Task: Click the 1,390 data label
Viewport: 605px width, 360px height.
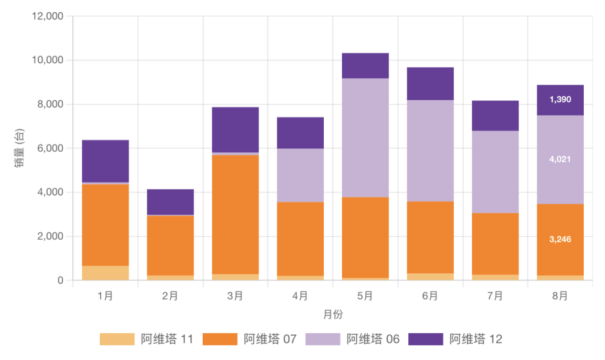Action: [x=560, y=100]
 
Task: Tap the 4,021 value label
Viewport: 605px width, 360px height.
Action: [x=560, y=160]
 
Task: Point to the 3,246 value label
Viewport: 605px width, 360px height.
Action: [x=560, y=239]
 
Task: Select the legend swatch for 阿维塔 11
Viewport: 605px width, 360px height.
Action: [x=117, y=339]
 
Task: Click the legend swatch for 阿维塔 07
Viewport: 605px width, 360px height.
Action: [x=220, y=339]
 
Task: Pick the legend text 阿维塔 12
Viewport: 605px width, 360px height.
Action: [x=476, y=339]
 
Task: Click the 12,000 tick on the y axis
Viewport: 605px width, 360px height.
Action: [x=48, y=16]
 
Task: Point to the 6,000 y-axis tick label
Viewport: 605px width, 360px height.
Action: [x=50, y=148]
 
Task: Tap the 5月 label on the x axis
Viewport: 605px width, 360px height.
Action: [x=365, y=296]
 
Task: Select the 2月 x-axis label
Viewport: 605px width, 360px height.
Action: [x=170, y=296]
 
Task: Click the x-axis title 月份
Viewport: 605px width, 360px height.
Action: [x=333, y=314]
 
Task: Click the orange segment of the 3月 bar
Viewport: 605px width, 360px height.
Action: [x=235, y=214]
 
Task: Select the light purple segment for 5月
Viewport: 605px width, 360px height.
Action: [x=365, y=138]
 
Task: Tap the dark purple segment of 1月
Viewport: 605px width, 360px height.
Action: [x=105, y=161]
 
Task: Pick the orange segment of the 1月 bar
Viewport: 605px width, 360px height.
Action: [x=105, y=225]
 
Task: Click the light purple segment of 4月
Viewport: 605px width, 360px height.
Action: [x=300, y=175]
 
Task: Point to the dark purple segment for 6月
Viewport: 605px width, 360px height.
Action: [x=430, y=84]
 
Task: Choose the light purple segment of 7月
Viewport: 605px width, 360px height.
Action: [x=495, y=172]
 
